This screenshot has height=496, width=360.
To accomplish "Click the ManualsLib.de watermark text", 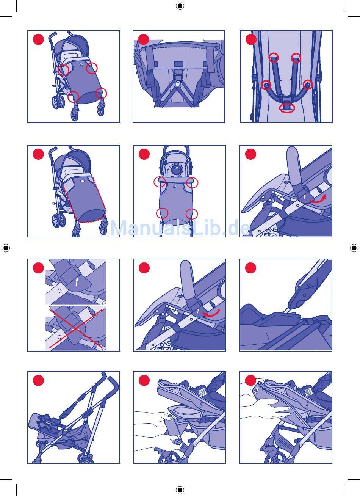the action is coord(180,228).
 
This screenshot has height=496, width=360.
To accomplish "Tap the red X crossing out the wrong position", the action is coord(76,329).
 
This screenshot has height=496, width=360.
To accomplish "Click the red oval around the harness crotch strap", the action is coord(287,108).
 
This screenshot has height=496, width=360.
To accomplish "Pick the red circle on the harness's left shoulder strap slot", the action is coord(274,58).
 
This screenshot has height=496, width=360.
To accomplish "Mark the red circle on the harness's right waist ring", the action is coord(308,85).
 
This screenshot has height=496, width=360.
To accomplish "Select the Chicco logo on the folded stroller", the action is coord(66,431).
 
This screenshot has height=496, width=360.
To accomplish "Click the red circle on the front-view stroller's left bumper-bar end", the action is coord(160,182).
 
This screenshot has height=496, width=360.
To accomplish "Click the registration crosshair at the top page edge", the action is coord(180,6).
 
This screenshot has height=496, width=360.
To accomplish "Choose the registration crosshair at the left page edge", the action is coord(6,248).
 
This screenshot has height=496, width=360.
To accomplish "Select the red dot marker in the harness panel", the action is coord(251,39).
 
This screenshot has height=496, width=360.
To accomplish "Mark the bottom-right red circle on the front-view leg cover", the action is coord(192,214).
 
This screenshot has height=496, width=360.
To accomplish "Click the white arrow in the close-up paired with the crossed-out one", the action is coord(77,282).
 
